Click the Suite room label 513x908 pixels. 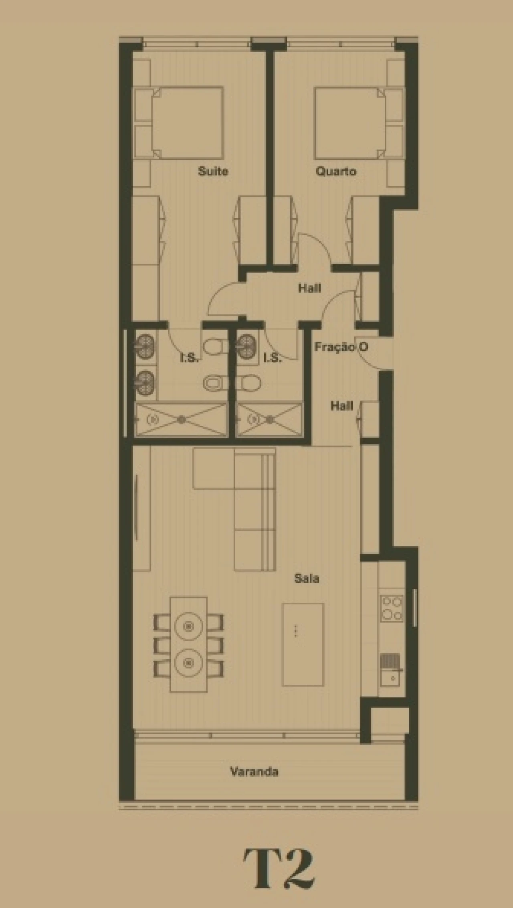coord(213,171)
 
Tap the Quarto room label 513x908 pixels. coord(335,171)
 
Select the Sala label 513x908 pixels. coord(307,578)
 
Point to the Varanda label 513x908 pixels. coord(254,771)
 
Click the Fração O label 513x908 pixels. coord(341,347)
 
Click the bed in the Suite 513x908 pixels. coord(187,123)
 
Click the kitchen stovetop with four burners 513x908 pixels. coord(392,609)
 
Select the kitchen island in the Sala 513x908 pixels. coord(303,644)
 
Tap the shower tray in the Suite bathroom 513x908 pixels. coord(181,419)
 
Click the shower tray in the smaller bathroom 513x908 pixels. coord(269,419)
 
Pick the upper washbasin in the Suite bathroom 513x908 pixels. coord(145,344)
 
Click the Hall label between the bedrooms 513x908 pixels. coord(309,288)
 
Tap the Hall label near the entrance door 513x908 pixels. coord(341,406)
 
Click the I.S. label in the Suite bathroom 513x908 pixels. coord(189,358)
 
